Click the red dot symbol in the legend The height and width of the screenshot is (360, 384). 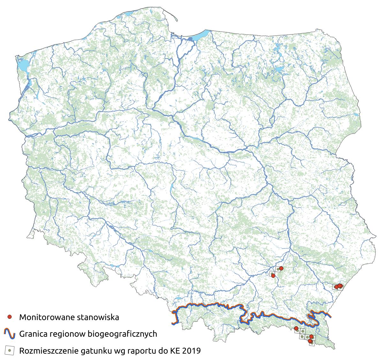click(x=10, y=317)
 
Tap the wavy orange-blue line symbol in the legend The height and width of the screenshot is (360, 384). click(x=10, y=334)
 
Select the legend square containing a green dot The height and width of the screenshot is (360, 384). click(x=10, y=350)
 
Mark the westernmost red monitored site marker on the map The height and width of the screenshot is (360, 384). click(x=273, y=275)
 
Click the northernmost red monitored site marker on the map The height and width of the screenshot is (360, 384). click(x=281, y=268)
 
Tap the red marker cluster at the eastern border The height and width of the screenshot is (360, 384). click(x=339, y=286)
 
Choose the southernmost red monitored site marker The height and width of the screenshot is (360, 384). click(x=310, y=341)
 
